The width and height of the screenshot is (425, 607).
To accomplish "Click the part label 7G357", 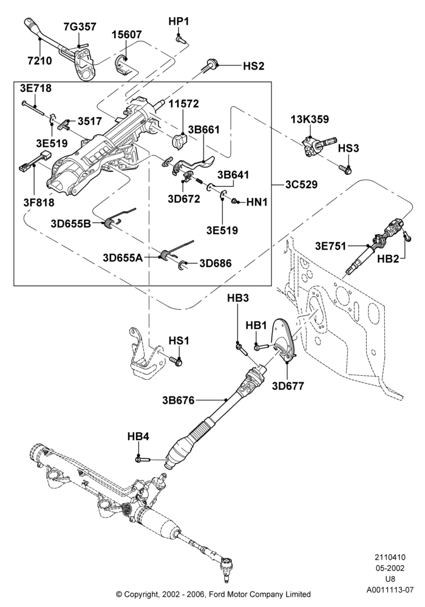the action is pyautogui.click(x=80, y=27).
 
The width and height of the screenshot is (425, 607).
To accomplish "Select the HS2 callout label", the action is pyautogui.click(x=254, y=66).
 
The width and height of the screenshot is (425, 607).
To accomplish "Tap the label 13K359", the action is pyautogui.click(x=310, y=119).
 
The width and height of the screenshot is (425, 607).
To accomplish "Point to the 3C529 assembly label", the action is pyautogui.click(x=301, y=185).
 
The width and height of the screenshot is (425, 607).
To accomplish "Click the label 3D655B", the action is pyautogui.click(x=70, y=224).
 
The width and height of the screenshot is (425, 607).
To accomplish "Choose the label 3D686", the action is pyautogui.click(x=215, y=263).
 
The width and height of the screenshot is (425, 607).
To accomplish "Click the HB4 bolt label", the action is pyautogui.click(x=138, y=436).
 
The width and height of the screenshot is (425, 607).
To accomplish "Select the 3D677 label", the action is pyautogui.click(x=288, y=386).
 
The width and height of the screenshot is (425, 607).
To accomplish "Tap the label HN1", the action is pyautogui.click(x=257, y=202).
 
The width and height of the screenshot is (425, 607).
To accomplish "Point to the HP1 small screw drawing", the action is pyautogui.click(x=180, y=39).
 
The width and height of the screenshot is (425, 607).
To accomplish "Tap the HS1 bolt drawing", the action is pyautogui.click(x=176, y=361).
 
